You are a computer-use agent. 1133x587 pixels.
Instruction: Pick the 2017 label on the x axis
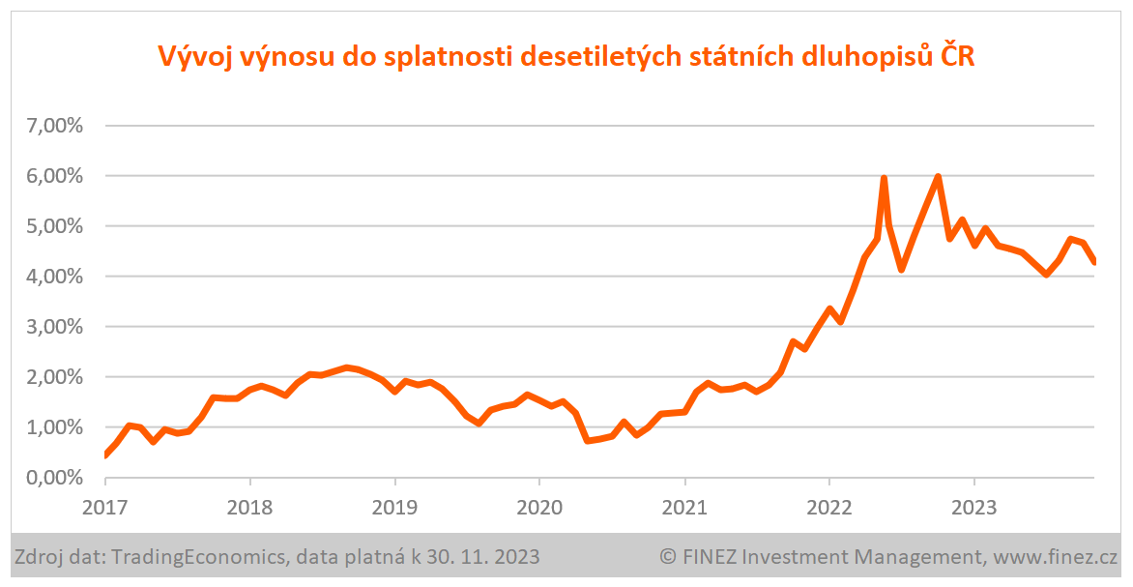[105, 506]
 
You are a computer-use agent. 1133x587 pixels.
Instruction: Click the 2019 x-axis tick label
[394, 506]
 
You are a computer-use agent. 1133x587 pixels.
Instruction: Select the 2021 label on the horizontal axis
[684, 506]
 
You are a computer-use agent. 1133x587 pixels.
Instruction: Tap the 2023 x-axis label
[973, 506]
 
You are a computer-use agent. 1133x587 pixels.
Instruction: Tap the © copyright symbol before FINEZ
[667, 557]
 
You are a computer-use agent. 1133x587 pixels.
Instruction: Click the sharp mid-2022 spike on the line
[884, 179]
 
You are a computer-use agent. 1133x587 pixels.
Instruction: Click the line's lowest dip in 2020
[588, 440]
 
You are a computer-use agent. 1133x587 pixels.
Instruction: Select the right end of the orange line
[1093, 262]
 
